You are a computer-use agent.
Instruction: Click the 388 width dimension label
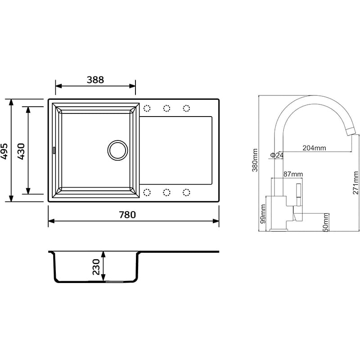95,80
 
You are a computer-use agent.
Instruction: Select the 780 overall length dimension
127,215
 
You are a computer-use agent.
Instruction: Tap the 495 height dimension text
4,151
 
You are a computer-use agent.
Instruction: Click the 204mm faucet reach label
314,148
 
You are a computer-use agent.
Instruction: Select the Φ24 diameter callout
276,155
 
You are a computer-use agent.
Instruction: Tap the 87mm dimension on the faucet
293,174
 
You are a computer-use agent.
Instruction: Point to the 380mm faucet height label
255,160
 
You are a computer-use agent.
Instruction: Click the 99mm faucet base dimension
263,213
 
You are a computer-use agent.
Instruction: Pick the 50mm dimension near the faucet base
325,221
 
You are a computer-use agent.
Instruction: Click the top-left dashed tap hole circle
147,108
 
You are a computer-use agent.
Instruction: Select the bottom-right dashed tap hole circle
186,193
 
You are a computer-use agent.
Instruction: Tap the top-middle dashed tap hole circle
166,108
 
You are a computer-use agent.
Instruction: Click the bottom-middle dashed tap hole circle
166,193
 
